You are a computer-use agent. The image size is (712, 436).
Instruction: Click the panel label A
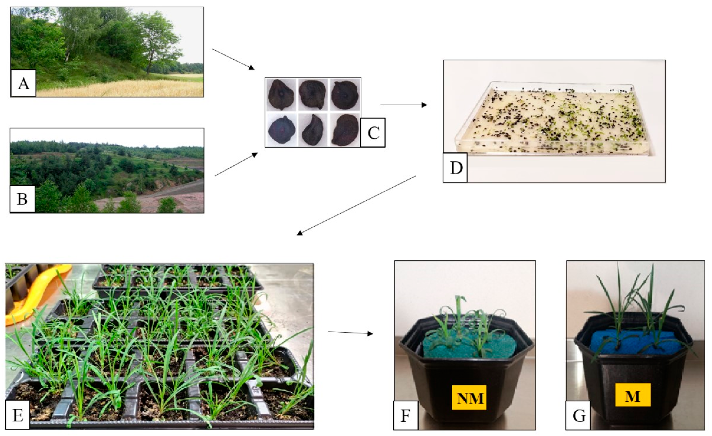[23, 83]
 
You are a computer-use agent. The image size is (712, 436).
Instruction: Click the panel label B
[22, 199]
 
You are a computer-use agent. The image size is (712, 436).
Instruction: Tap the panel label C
[373, 133]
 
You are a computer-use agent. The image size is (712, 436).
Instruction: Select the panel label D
[455, 168]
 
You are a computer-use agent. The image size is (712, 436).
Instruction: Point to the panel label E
[18, 415]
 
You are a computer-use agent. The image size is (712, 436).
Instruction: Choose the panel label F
[406, 415]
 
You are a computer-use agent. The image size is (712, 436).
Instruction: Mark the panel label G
[578, 415]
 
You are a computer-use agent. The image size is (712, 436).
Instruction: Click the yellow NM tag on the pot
[469, 398]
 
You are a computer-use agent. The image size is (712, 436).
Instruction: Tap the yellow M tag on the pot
[633, 395]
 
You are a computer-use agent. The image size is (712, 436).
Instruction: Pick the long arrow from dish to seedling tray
[356, 205]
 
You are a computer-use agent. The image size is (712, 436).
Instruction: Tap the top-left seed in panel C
[281, 95]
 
